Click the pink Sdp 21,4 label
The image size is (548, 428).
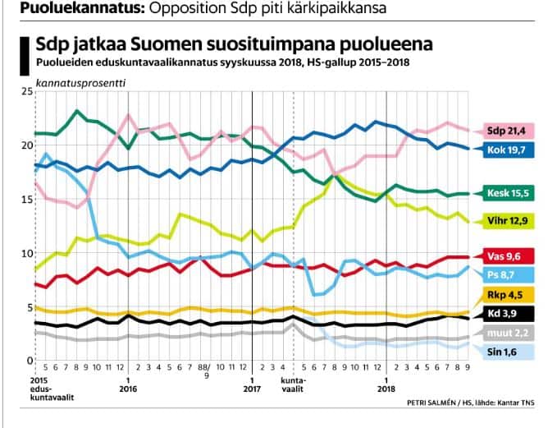507,130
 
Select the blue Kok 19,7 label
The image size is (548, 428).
507,150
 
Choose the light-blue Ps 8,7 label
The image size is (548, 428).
507,274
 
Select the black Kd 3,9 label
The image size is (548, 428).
507,314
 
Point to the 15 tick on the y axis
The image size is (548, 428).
25,200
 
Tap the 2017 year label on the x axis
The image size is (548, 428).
251,390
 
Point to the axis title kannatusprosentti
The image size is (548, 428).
69,82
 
